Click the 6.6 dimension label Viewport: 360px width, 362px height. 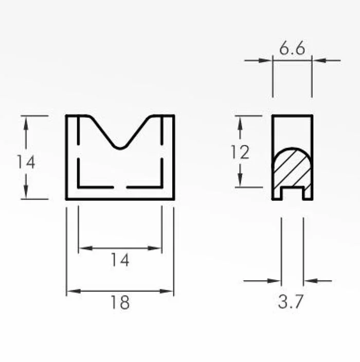click(292, 48)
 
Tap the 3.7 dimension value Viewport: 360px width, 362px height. click(290, 302)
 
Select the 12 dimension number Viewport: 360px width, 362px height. click(240, 152)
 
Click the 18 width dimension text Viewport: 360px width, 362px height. click(120, 302)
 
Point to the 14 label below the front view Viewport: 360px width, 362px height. click(120, 260)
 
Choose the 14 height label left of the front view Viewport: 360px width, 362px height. click(26, 162)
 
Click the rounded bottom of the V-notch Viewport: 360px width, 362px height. click(120, 148)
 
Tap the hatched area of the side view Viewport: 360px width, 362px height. click(292, 168)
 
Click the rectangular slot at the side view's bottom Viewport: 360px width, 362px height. click(292, 193)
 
